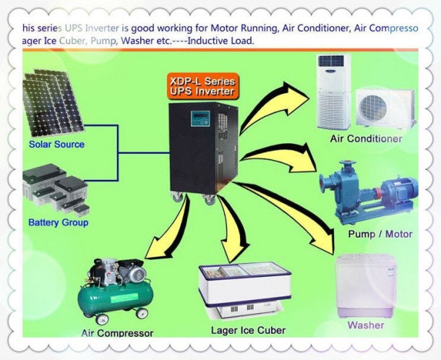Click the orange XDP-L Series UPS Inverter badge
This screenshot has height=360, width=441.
pos(202,87)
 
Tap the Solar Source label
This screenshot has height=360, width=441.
pos(56,144)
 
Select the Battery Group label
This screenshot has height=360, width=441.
pos(59,223)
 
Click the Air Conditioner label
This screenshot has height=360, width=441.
pos(366,139)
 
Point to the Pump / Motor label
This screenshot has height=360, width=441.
pos(380,234)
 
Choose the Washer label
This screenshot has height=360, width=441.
pos(366,325)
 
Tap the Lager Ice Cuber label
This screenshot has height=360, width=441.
pos(249,330)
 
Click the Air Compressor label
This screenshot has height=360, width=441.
pos(117,333)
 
